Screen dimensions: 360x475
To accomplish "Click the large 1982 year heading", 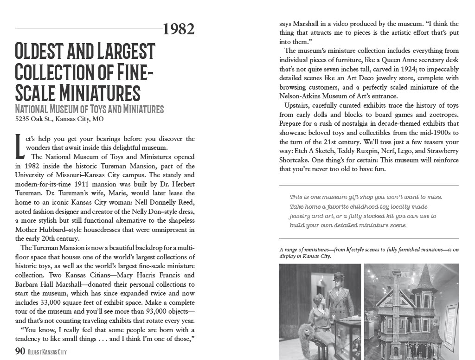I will tap(179, 29).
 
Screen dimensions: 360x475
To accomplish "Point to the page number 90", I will tap(20, 351).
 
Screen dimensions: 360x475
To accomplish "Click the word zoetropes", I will tap(441, 114).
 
